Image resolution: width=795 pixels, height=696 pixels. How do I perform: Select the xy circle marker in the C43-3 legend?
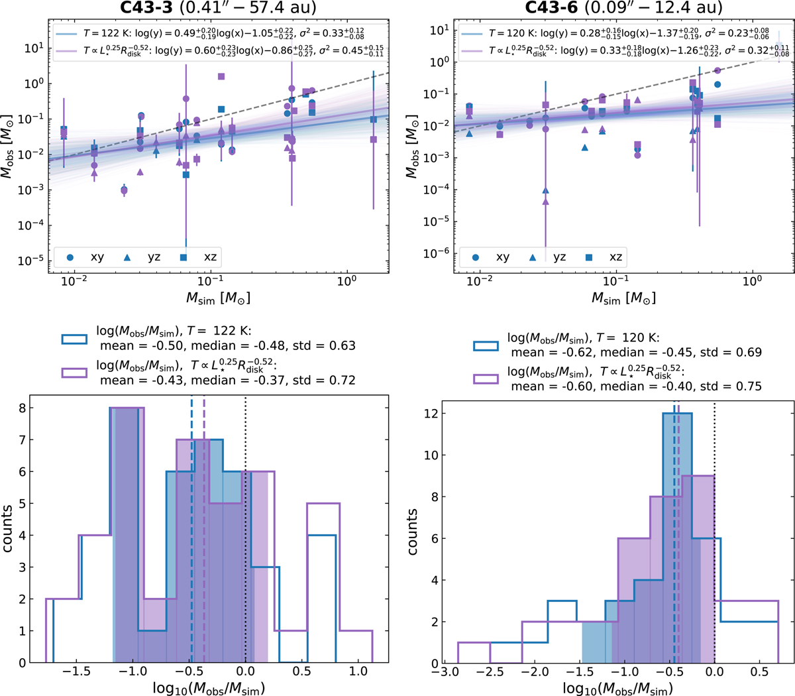pos(70,257)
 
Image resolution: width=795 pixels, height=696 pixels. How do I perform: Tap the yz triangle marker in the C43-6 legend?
pos(533,257)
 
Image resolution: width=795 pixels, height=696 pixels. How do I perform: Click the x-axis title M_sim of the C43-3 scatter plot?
pos(218,299)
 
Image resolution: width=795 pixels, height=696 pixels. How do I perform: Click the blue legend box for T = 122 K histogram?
pos(74,338)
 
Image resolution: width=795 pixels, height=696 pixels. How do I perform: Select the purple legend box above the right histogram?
pos(485,379)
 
